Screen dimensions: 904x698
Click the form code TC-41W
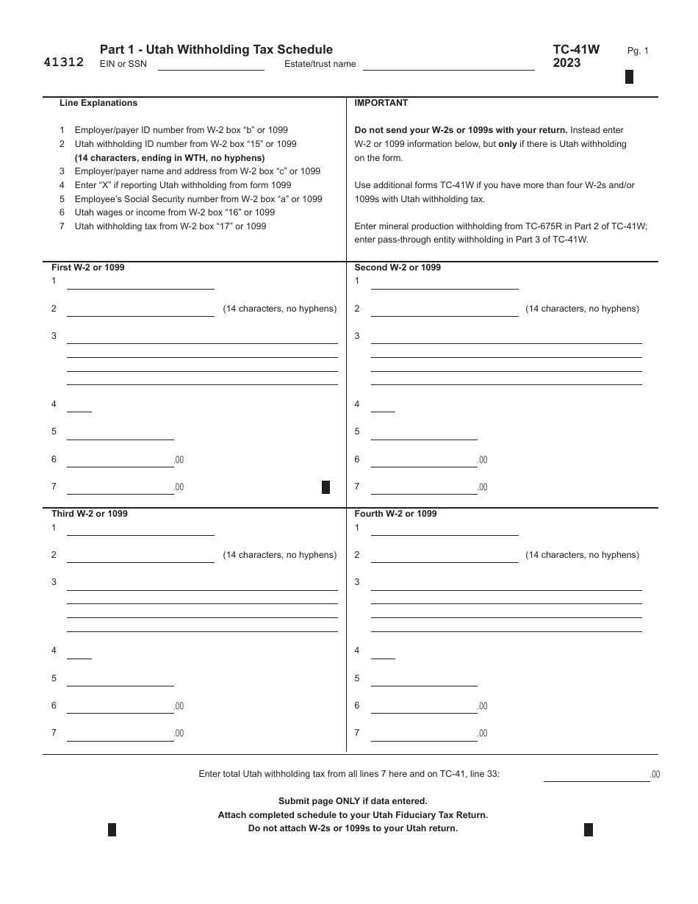[x=576, y=49]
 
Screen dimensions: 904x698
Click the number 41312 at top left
[x=63, y=62]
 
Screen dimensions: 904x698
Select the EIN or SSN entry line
[x=211, y=65]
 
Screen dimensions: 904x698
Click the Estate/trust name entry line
[x=448, y=65]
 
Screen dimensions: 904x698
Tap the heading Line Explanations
[x=98, y=103]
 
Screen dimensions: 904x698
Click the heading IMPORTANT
[x=381, y=103]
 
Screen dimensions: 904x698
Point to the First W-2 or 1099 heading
[x=87, y=268]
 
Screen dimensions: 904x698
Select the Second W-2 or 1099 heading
[x=397, y=268]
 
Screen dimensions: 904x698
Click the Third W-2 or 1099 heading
[x=89, y=514]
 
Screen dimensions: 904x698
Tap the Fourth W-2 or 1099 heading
[x=395, y=514]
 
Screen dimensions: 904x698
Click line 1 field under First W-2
[x=140, y=284]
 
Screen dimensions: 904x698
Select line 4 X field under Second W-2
[x=383, y=406]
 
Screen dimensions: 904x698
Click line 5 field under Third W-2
[x=120, y=680]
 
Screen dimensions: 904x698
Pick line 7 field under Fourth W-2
[x=424, y=734]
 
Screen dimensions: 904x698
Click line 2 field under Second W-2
[x=445, y=311]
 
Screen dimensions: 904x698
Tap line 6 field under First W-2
[x=120, y=461]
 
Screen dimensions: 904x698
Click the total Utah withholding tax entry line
[x=596, y=775]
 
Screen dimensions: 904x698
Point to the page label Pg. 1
[x=638, y=51]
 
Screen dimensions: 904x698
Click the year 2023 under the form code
[x=566, y=63]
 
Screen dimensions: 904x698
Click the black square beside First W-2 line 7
[x=326, y=487]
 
